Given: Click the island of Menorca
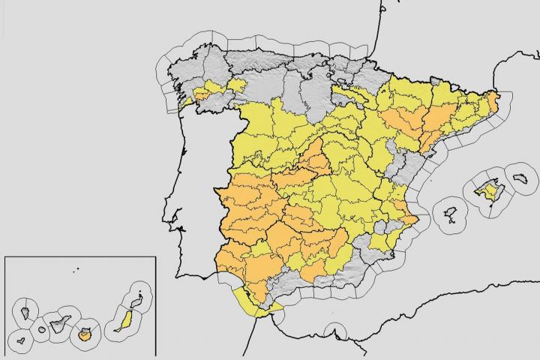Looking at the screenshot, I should pyautogui.click(x=523, y=178).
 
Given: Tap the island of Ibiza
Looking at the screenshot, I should pyautogui.click(x=451, y=213).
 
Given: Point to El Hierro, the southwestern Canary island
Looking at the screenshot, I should pyautogui.click(x=21, y=340).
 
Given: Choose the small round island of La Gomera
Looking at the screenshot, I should pyautogui.click(x=40, y=330).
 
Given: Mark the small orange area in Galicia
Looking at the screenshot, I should pyautogui.click(x=204, y=94).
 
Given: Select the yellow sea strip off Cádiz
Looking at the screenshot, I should pyautogui.click(x=251, y=304).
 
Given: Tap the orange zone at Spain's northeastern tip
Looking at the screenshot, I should pyautogui.click(x=493, y=100).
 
